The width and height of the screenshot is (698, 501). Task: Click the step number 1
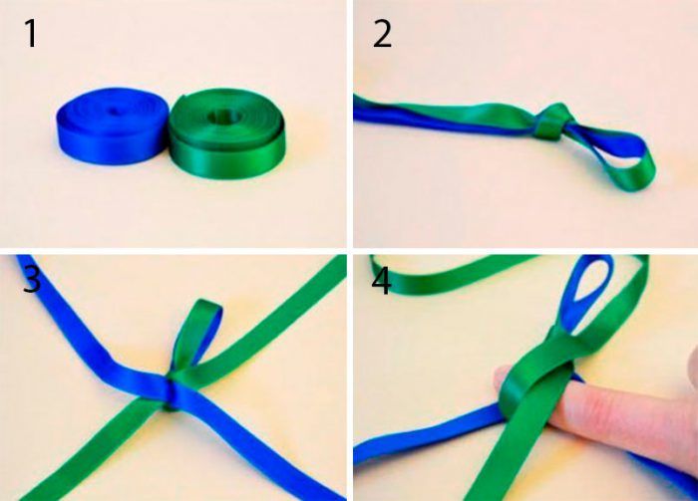31,33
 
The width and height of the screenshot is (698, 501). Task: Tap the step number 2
382,33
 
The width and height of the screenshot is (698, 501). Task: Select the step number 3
32,280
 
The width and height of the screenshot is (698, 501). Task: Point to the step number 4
381,281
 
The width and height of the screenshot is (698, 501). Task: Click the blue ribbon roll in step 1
112,125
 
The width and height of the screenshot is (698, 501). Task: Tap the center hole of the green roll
224,117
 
